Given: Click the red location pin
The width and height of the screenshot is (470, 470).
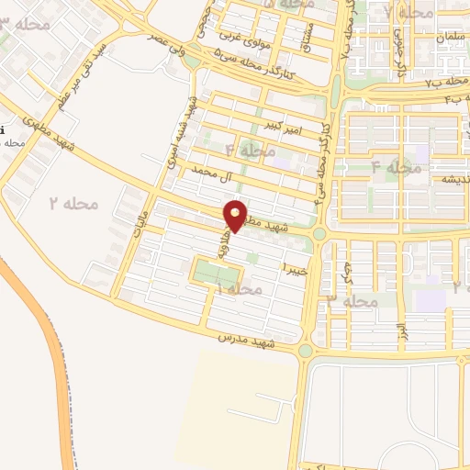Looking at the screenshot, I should [x=235, y=216].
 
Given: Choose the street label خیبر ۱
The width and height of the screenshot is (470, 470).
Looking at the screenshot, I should [x=294, y=268].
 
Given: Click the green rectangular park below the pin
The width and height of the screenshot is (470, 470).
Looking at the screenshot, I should [x=217, y=273].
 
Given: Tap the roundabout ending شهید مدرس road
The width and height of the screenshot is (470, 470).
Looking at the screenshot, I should [x=306, y=350].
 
